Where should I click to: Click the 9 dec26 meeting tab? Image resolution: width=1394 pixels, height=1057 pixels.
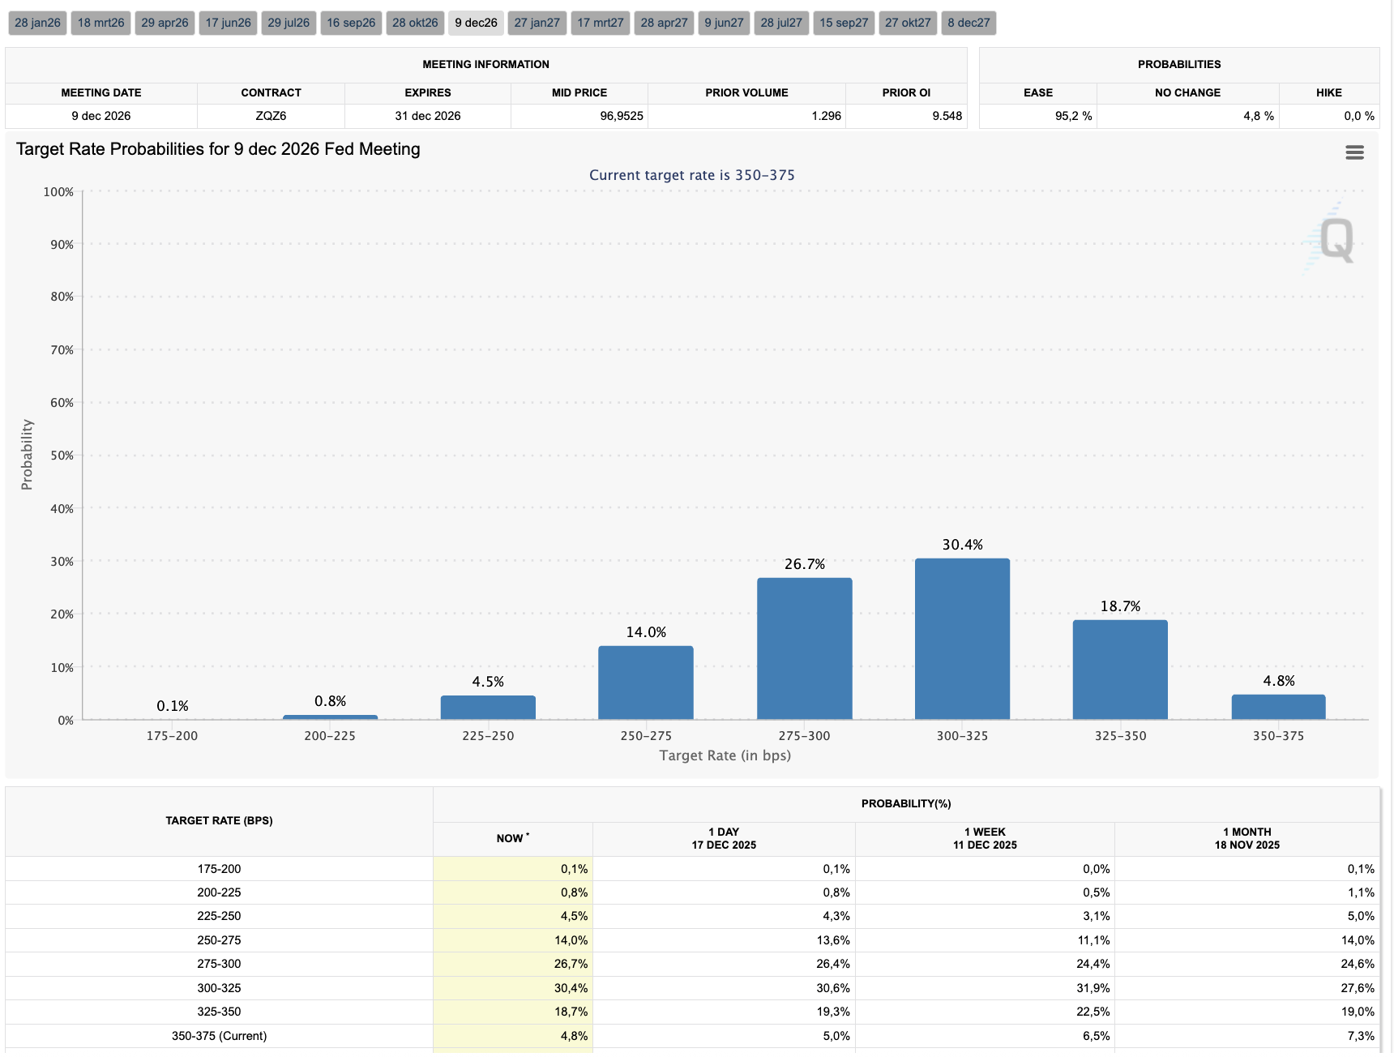[x=476, y=23]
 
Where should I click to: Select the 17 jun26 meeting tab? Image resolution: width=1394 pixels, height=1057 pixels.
[x=228, y=23]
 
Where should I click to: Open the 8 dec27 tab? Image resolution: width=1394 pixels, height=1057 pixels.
[x=969, y=23]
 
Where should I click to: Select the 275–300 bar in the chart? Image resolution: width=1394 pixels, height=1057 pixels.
[x=804, y=648]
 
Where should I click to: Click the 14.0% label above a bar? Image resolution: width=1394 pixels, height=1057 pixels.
[x=646, y=632]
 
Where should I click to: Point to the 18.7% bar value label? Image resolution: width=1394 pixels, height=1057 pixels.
[x=1120, y=606]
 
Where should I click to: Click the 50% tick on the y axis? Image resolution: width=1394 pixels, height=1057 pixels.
[x=62, y=456]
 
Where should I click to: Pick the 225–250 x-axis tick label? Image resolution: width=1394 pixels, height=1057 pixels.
[x=488, y=736]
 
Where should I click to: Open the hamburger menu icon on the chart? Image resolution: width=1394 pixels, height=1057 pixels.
[x=1354, y=152]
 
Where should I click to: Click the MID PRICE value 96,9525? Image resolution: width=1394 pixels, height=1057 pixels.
[x=622, y=116]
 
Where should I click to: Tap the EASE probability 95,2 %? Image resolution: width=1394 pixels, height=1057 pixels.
[x=1073, y=116]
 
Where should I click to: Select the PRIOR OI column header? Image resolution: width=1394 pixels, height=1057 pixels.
[x=906, y=92]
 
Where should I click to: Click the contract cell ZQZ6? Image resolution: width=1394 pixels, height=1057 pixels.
[x=271, y=116]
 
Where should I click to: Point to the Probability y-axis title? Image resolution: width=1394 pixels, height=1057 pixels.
[x=28, y=454]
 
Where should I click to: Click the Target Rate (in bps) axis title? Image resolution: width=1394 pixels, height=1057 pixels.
[x=725, y=755]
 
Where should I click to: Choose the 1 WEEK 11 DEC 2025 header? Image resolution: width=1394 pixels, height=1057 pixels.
[x=985, y=838]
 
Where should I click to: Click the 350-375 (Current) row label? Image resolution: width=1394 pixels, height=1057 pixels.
[x=219, y=1036]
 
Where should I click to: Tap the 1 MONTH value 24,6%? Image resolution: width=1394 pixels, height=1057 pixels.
[x=1357, y=964]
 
